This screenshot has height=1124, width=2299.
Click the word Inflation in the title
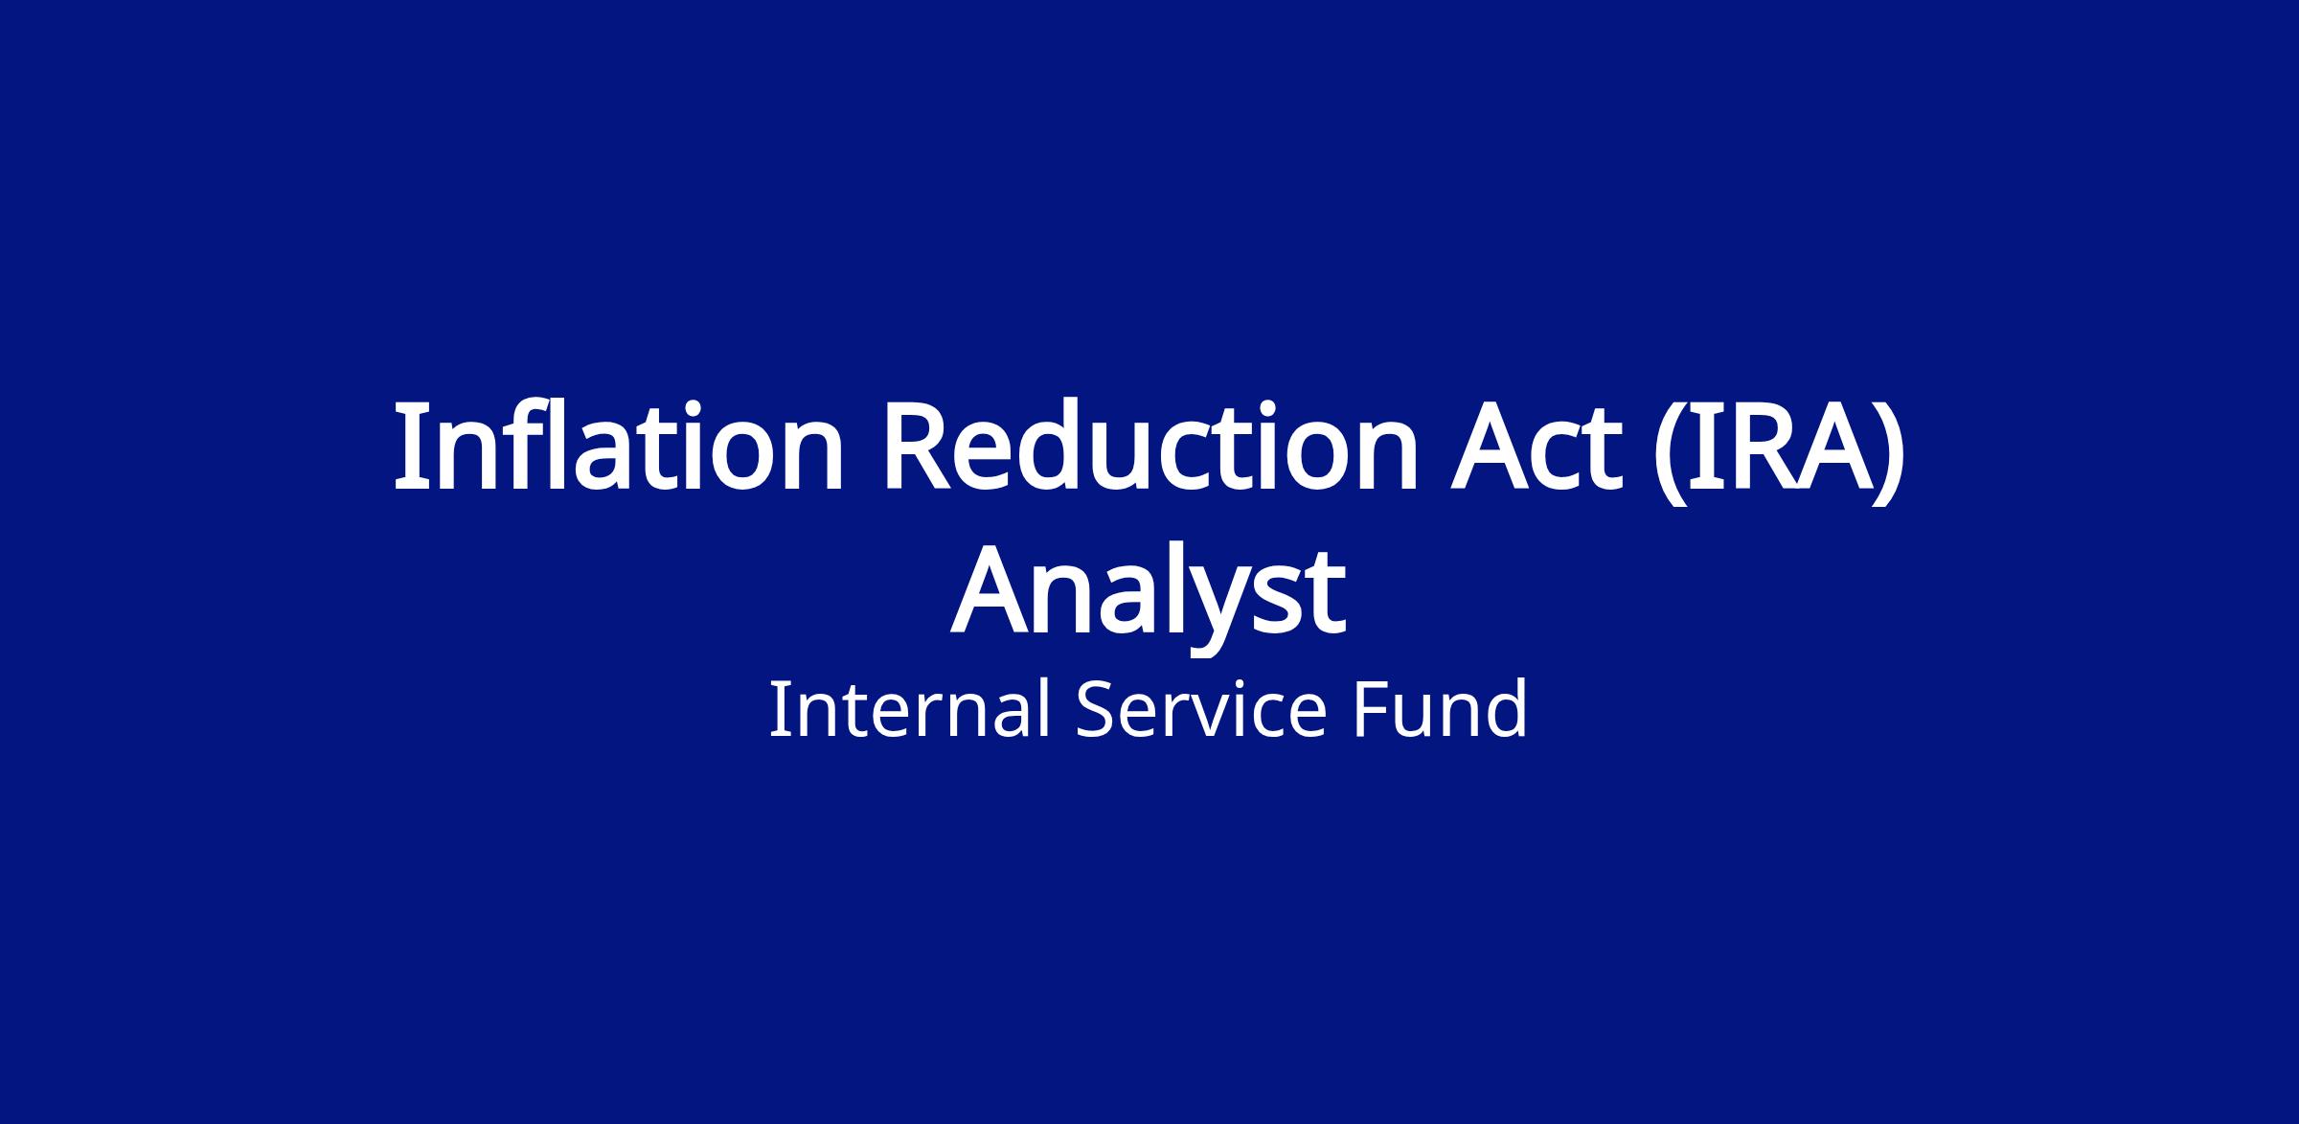(619, 446)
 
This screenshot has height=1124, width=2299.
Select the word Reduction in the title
(1150, 446)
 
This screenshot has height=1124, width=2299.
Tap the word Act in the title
(1537, 450)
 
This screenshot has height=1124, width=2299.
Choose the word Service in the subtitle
(1201, 709)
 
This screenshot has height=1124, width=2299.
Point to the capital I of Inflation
(410, 448)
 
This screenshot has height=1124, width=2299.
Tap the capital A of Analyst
(992, 592)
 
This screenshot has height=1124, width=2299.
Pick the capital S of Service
(1100, 710)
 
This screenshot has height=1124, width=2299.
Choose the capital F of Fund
(1371, 710)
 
